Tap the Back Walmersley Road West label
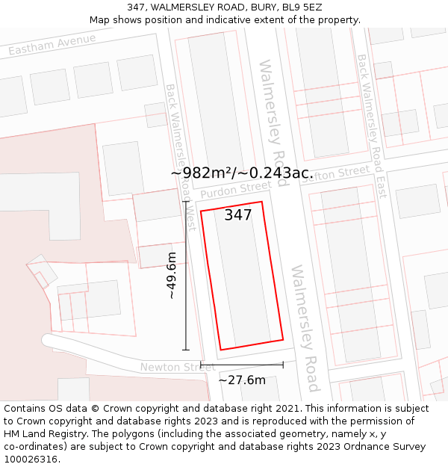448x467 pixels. (181, 157)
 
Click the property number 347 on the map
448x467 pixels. (238, 215)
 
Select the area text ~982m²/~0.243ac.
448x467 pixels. (241, 173)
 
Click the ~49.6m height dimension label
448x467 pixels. (172, 276)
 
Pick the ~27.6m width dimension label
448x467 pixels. (242, 380)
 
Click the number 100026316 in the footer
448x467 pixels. (31, 460)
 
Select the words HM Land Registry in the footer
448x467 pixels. (43, 434)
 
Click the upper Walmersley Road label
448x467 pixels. (273, 112)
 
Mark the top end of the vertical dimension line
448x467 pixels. (186, 201)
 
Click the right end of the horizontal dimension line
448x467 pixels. (283, 365)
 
